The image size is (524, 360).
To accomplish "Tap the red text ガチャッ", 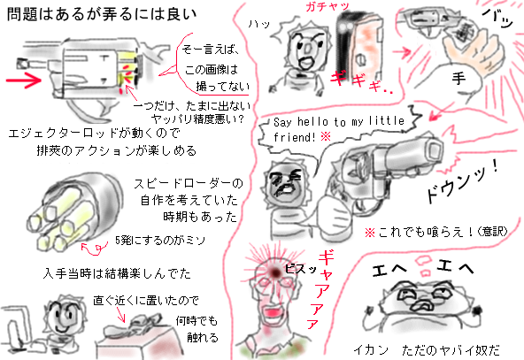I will click(325, 7).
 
